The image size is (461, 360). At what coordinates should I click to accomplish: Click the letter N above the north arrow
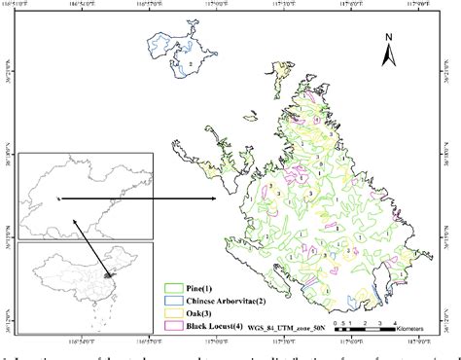389,39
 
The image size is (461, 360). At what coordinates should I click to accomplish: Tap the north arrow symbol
388,56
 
